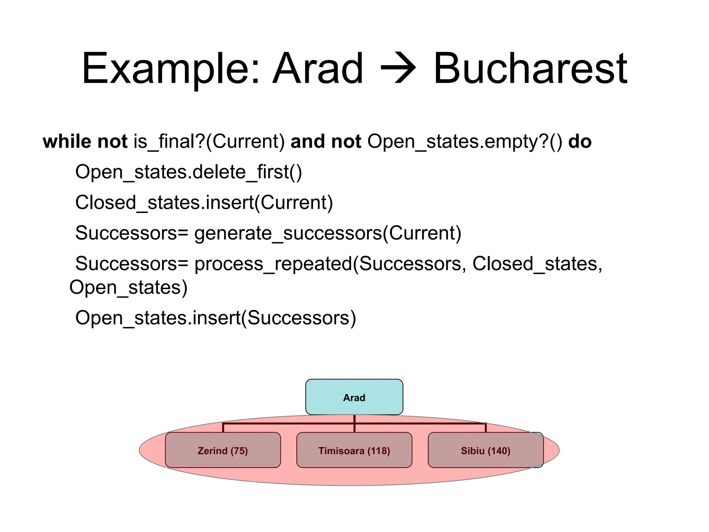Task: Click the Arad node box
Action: [x=354, y=397]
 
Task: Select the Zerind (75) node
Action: [x=223, y=450]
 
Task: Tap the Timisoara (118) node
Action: [x=354, y=450]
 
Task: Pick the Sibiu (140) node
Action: [x=485, y=450]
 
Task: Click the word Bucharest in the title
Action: [x=530, y=68]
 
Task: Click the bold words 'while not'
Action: [x=85, y=142]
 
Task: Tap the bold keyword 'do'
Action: [x=580, y=142]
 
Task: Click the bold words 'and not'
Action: [x=325, y=142]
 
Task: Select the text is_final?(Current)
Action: [x=209, y=142]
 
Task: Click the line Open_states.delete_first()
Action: [x=189, y=172]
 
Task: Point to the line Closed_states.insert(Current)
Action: [x=204, y=203]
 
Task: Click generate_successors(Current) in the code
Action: [x=327, y=233]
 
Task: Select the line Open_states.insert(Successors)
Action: [x=215, y=318]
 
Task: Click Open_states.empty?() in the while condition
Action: [x=465, y=142]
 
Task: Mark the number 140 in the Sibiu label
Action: [x=499, y=451]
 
